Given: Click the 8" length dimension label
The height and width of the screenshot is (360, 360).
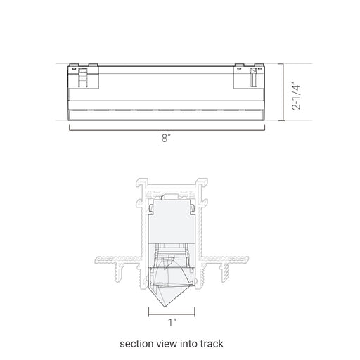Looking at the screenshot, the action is coord(166,138).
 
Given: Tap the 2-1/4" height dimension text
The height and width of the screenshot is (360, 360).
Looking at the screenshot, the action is coord(296,96).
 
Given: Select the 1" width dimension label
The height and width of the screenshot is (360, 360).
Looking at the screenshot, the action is coord(172,323).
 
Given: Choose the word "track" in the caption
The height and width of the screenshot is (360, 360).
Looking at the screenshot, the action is coord(212,344).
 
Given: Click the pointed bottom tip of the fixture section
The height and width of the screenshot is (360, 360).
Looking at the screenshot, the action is coord(165,307).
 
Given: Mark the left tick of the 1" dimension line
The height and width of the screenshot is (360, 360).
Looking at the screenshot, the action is coord(149,312).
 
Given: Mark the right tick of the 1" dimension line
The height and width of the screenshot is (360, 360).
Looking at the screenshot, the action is coord(195,312).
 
